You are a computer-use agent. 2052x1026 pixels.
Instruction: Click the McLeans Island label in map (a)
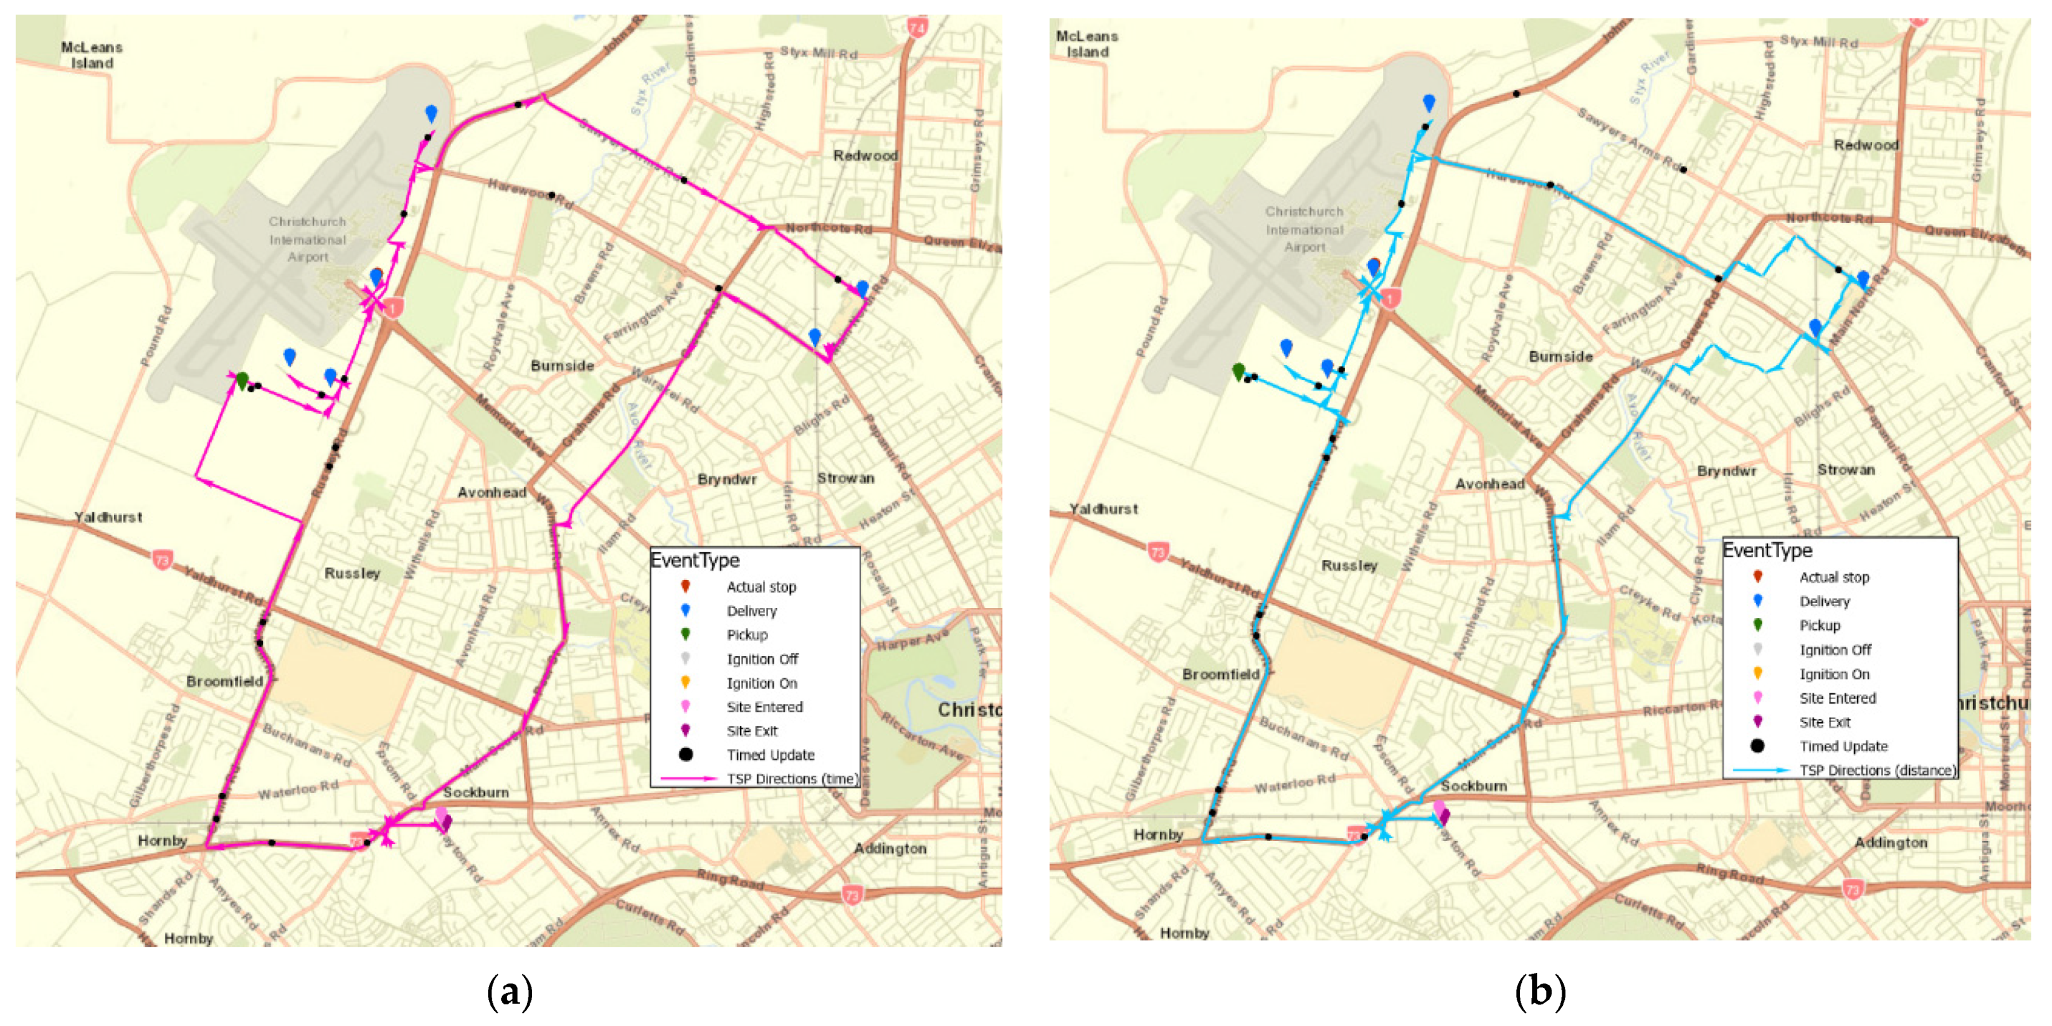92,55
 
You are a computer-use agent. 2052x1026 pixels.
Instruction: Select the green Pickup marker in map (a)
242,381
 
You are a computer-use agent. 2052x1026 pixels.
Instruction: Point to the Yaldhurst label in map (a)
108,517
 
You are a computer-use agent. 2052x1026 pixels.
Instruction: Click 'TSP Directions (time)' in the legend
792,779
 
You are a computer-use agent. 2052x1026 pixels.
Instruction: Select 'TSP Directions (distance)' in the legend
1877,770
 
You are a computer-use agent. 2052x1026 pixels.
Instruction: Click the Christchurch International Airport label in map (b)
1303,229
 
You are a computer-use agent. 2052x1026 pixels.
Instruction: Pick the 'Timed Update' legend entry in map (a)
770,754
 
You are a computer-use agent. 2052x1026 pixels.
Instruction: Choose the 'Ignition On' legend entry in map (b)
1833,674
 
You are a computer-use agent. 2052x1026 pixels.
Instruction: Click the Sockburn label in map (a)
476,792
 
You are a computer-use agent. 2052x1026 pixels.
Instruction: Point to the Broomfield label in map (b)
1220,674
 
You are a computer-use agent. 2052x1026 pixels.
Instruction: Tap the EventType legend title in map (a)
694,560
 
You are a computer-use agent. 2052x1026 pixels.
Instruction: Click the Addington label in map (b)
1890,842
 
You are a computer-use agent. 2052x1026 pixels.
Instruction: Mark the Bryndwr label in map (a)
727,479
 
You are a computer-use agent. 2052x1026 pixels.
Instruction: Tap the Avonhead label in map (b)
1489,483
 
